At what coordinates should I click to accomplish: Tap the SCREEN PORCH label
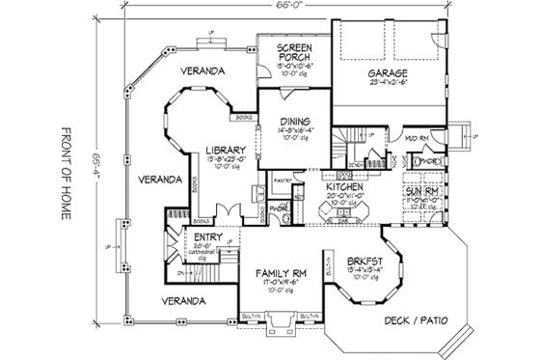pos(291,53)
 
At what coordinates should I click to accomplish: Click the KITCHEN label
pos(344,185)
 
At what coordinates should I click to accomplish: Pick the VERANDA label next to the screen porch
pos(206,71)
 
